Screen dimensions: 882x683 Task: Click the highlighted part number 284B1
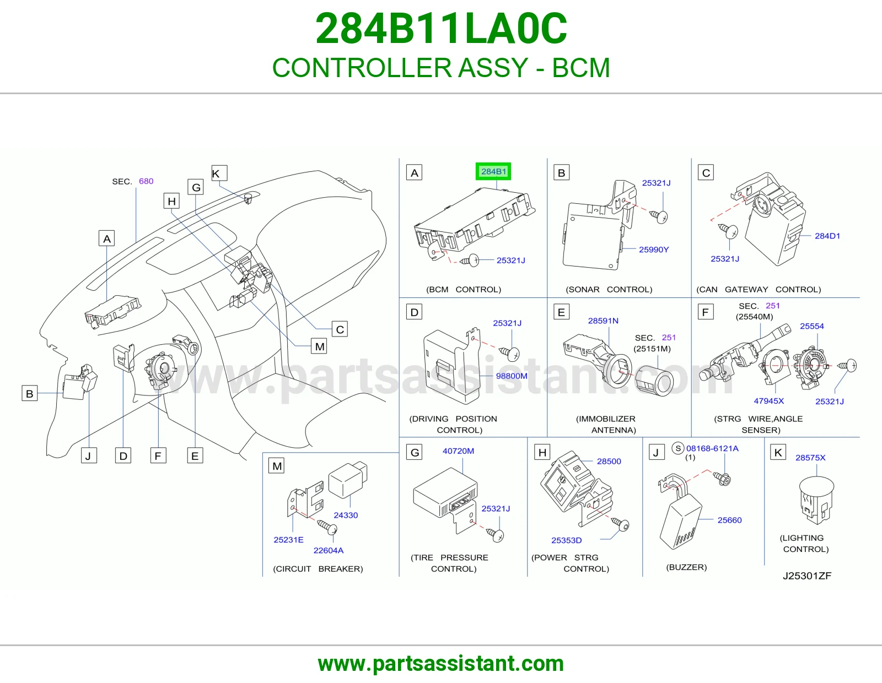(493, 171)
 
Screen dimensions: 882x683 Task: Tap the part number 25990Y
(653, 250)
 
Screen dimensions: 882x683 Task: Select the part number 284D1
(827, 236)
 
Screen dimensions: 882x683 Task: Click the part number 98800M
(512, 376)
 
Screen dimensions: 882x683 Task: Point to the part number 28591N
(603, 321)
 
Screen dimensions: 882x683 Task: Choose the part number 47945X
(769, 401)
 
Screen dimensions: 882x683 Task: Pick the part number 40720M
(458, 451)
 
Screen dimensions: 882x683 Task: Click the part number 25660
(729, 520)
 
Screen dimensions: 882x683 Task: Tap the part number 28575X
(810, 458)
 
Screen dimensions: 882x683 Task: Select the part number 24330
(346, 515)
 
